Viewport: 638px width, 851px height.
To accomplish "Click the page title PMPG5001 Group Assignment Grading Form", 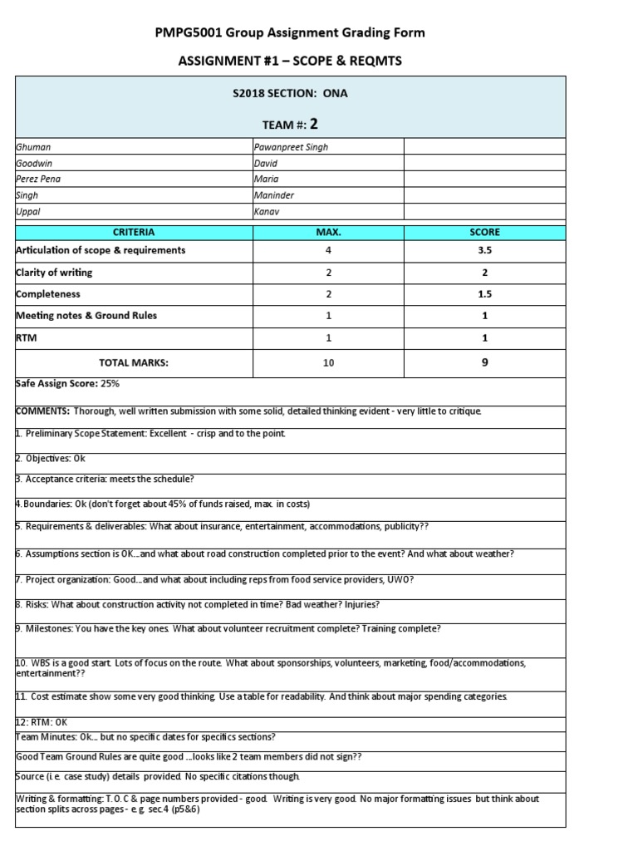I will pyautogui.click(x=290, y=32).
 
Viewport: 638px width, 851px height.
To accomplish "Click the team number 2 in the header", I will pyautogui.click(x=314, y=124).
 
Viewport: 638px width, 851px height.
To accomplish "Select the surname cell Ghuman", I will pyautogui.click(x=34, y=147).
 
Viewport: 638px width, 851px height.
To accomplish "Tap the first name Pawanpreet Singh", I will pyautogui.click(x=291, y=147).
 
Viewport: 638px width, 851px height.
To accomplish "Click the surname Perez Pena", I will pyautogui.click(x=38, y=179).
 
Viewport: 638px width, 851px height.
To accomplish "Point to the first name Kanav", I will pyautogui.click(x=265, y=212).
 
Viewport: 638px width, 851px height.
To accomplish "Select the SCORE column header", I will pyautogui.click(x=484, y=232).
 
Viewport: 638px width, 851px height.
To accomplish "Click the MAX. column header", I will pyautogui.click(x=327, y=232).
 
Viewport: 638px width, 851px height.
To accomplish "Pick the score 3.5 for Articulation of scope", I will pyautogui.click(x=484, y=250).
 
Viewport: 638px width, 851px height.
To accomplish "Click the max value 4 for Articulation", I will pyautogui.click(x=327, y=250).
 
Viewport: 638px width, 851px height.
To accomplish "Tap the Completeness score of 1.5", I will pyautogui.click(x=484, y=294).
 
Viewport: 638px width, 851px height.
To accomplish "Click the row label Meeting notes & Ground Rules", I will pyautogui.click(x=86, y=316).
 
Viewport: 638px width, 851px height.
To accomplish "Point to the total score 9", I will pyautogui.click(x=484, y=362).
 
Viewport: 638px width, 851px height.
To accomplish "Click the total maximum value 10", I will pyautogui.click(x=327, y=363).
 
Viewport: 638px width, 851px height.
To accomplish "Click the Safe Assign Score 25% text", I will pyautogui.click(x=68, y=384).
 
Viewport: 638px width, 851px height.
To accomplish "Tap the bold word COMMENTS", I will pyautogui.click(x=42, y=411).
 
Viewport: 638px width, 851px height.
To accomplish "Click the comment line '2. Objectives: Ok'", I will pyautogui.click(x=51, y=458).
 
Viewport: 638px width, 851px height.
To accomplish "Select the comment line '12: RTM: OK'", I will pyautogui.click(x=42, y=722).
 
